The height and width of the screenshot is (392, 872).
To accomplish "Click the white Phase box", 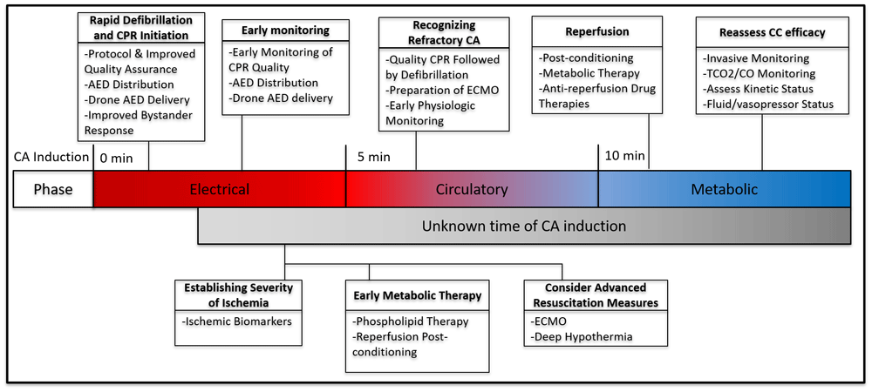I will point(52,189).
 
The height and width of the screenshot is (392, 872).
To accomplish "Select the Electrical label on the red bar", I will point(219,189).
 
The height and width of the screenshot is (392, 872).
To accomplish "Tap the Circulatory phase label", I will point(472,189).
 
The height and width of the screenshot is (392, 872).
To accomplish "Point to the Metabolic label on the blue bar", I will point(724,189).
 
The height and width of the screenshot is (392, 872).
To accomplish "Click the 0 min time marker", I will point(116,158).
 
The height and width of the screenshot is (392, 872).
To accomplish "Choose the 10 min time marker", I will point(625,157).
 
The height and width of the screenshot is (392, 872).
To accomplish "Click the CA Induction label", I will point(51,158).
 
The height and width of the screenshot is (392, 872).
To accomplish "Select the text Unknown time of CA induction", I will point(524,226).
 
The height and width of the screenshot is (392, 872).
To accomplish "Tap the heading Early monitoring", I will point(285,30).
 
